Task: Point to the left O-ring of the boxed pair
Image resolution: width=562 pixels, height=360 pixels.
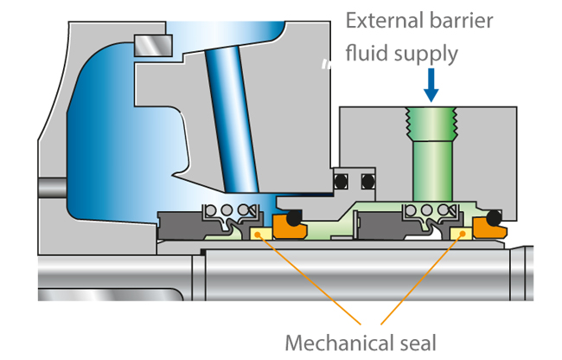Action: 342,182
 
